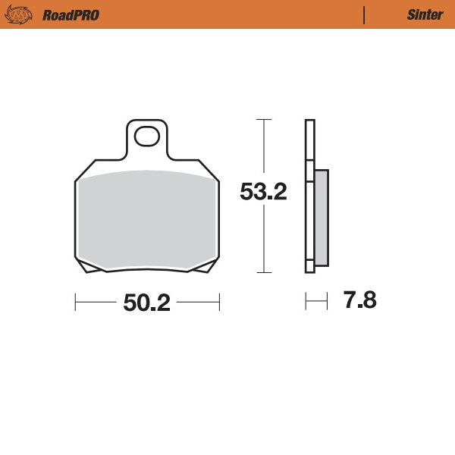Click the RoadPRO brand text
71,14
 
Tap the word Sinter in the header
420,14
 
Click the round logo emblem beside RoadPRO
20,14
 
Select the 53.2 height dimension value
263,193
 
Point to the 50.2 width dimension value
147,303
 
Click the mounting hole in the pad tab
146,136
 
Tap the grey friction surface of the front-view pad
146,220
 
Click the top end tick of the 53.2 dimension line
263,120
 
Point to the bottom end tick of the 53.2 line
263,272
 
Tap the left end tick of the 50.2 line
75,303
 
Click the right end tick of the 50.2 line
219,303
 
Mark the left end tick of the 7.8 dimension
306,302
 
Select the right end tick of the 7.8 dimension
327,302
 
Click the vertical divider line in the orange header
365,14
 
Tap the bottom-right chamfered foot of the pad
203,267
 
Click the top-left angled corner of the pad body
83,171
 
